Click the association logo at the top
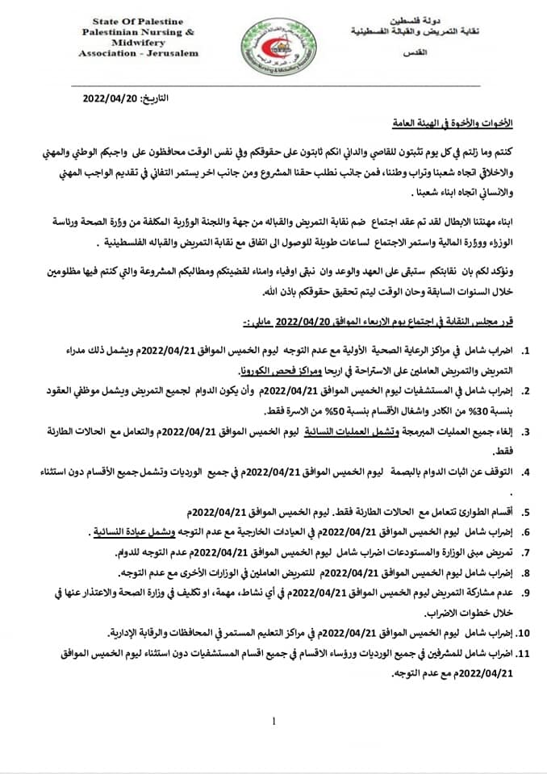274,42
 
